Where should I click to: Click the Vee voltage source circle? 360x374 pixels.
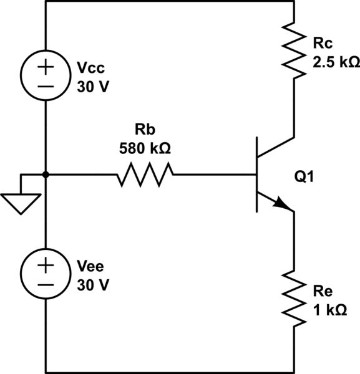46,274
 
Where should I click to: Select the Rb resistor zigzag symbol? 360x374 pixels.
145,175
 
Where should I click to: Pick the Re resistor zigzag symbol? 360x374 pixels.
293,297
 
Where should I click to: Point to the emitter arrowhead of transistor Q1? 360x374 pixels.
284,205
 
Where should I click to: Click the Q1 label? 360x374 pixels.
305,178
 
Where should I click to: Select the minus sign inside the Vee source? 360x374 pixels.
46,285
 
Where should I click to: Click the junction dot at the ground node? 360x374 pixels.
46,175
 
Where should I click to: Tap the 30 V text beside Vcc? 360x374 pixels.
92,86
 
